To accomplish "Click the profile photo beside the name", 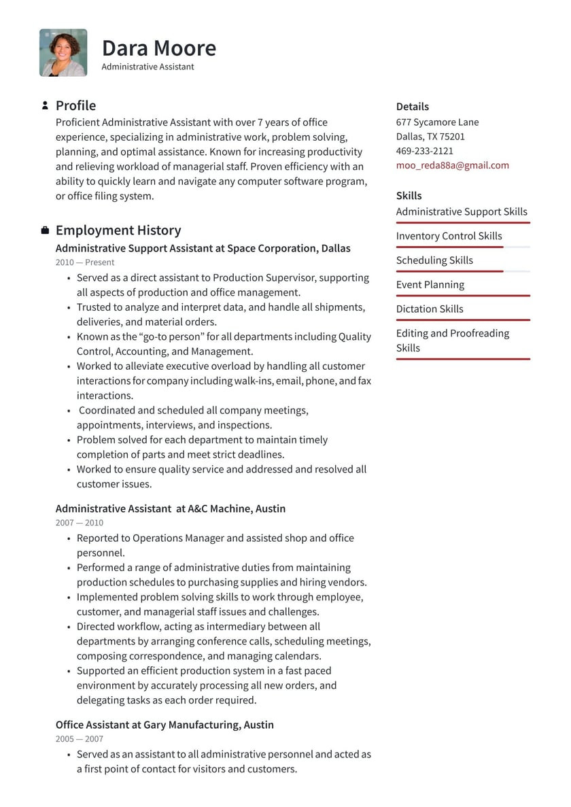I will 63,52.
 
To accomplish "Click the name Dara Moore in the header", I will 158,48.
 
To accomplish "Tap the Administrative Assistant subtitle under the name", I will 148,67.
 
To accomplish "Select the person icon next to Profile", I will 45,105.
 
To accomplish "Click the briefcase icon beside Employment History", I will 45,230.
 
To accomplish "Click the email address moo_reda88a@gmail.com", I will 452,165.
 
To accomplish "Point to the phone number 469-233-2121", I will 424,151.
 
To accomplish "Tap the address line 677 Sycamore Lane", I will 437,122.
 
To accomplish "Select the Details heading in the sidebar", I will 412,107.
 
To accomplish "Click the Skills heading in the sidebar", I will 409,196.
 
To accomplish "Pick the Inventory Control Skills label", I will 449,236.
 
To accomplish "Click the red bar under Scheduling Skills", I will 449,271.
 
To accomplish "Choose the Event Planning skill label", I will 430,285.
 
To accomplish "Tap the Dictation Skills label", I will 429,309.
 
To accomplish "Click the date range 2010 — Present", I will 85,262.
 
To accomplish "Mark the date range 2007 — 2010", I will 80,523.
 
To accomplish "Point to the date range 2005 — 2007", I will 80,739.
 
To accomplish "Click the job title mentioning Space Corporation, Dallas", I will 203,248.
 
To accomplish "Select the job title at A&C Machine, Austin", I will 170,509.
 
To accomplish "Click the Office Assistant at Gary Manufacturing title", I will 165,725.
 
